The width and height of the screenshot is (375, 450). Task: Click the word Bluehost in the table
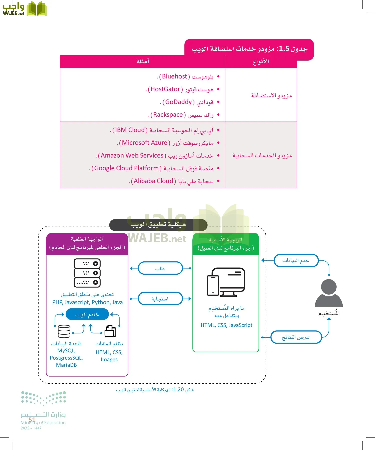[175, 76]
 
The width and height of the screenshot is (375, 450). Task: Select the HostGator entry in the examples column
[165, 89]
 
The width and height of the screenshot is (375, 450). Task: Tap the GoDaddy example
[178, 102]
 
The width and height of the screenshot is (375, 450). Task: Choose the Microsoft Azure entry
[144, 143]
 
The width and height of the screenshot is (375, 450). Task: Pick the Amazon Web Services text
[132, 155]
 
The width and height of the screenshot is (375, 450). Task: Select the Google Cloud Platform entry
[127, 168]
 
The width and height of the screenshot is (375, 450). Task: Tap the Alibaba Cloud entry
[153, 181]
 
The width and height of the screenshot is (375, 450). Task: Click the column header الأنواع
[261, 62]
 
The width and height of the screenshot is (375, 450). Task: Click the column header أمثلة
[143, 61]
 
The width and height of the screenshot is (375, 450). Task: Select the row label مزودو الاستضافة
[271, 95]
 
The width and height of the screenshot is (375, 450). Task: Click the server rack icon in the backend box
[87, 273]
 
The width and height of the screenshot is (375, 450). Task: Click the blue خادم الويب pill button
[87, 314]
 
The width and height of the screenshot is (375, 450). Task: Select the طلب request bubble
[160, 268]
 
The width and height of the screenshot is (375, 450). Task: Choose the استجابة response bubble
[160, 298]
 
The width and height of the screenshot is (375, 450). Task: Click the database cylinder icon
[64, 331]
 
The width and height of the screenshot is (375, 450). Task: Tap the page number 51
[32, 420]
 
